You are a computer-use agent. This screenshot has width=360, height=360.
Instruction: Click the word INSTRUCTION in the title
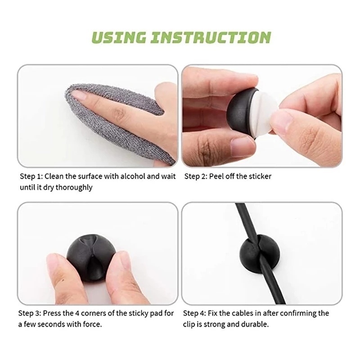pyautogui.click(x=211, y=37)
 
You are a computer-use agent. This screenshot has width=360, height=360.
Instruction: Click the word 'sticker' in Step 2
pyautogui.click(x=260, y=176)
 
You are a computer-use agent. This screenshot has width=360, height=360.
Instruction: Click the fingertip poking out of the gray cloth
pyautogui.click(x=85, y=95)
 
